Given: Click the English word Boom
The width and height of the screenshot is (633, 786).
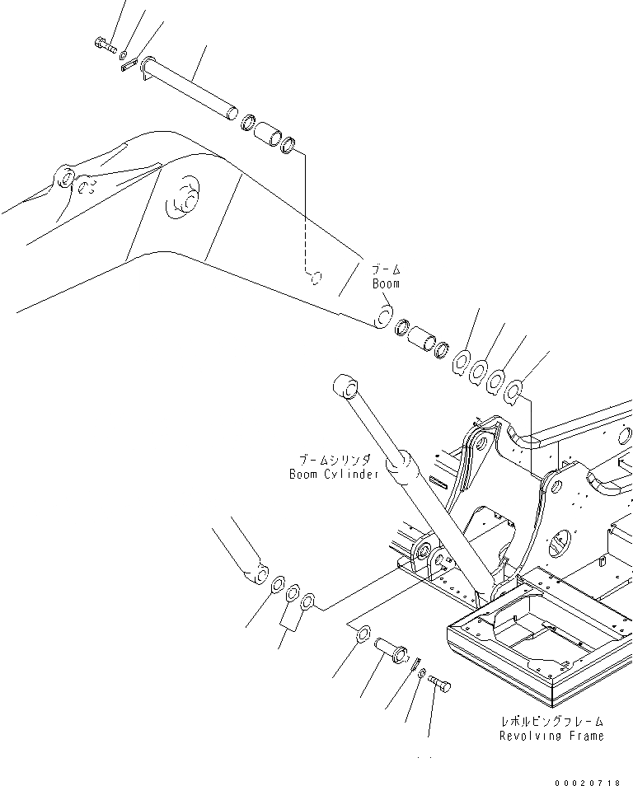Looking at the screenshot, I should tap(385, 283).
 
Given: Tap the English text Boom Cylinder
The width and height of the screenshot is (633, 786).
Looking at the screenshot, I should tap(334, 474).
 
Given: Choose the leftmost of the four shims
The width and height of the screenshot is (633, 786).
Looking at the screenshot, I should tap(462, 362).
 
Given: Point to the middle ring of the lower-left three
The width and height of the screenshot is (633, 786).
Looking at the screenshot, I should tap(293, 592).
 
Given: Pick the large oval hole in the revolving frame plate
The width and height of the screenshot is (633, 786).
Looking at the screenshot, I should tap(563, 543).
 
